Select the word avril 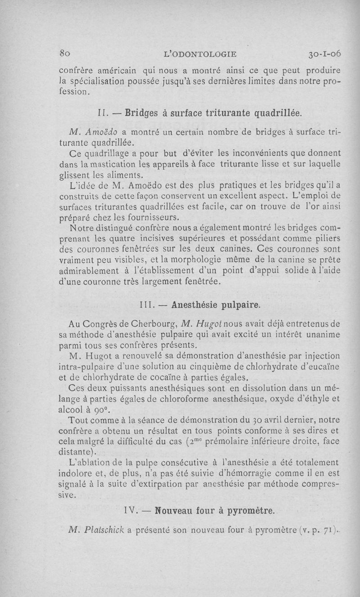pos(259,420)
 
